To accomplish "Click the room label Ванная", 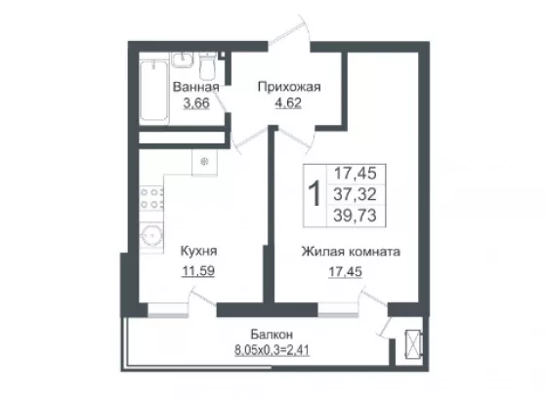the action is click(195, 87).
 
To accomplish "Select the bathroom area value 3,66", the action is click(196, 103).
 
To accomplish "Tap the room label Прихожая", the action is click(289, 87).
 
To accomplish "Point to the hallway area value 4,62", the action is click(288, 103).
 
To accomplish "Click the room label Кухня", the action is click(198, 251).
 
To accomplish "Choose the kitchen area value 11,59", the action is click(198, 270).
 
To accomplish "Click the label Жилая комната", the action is click(351, 252).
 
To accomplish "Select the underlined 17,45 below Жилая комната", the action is click(346, 271).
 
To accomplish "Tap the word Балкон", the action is click(272, 335).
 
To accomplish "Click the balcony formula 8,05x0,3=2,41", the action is click(272, 350).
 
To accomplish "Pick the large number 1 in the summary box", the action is click(315, 195).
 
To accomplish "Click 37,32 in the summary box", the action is click(356, 194).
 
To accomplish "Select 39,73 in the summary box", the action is click(356, 216).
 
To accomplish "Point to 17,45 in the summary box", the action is click(356, 173).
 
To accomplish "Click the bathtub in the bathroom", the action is click(154, 92).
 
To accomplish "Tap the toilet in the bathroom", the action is click(207, 66).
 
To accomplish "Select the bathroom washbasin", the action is click(182, 60).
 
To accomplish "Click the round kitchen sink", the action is click(151, 236).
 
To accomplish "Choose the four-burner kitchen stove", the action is click(151, 198).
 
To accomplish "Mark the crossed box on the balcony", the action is click(414, 343).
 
